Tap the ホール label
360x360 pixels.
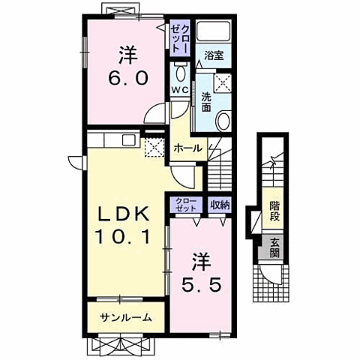pyautogui.click(x=187, y=148)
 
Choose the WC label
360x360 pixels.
pyautogui.click(x=179, y=90)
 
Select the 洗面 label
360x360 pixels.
pyautogui.click(x=205, y=102)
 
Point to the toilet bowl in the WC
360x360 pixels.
pyautogui.click(x=180, y=73)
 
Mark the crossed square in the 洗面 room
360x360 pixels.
pyautogui.click(x=223, y=82)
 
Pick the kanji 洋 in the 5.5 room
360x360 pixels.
pyautogui.click(x=202, y=262)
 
